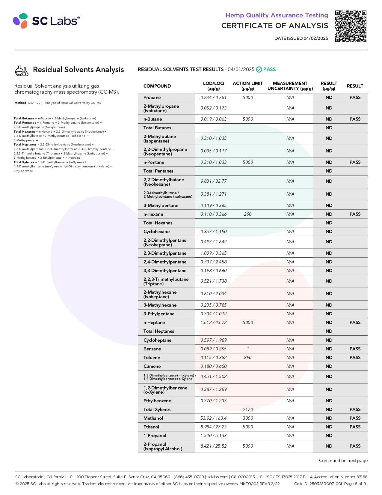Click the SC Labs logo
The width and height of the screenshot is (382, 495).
tap(46, 21)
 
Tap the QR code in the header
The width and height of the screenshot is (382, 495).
tap(351, 26)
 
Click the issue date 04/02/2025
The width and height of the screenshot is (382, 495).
tap(316, 38)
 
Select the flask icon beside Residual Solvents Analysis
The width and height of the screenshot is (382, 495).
tap(22, 70)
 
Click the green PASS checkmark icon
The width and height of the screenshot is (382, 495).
tap(259, 70)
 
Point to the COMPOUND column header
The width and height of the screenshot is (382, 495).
tap(157, 86)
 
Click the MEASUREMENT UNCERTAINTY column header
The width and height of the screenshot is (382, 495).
tap(290, 86)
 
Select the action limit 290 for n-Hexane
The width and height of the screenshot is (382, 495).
tap(247, 214)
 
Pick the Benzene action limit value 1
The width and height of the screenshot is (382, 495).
tap(248, 349)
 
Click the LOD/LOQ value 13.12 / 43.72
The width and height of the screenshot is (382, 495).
tap(213, 322)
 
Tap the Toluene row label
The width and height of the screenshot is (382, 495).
tap(152, 358)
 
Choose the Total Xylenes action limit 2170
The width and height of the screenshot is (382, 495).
tap(247, 409)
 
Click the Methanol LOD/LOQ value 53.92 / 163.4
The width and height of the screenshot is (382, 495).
tap(213, 418)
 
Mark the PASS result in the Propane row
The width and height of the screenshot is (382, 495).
tap(355, 97)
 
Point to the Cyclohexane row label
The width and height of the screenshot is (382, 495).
tap(156, 232)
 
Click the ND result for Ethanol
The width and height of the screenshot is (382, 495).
tap(329, 427)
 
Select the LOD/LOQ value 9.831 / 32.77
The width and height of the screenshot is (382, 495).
tap(213, 181)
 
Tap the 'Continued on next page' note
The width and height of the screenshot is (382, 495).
tap(343, 460)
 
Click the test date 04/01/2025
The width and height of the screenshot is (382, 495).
tap(241, 70)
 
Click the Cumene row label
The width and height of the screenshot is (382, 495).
tap(152, 366)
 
